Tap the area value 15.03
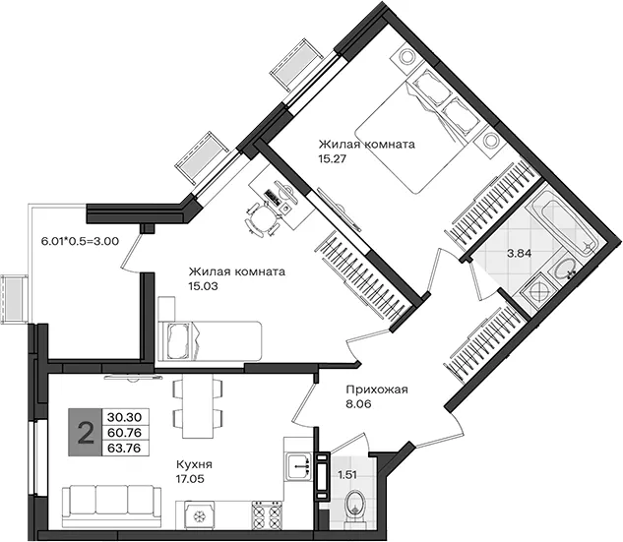tap(204, 286)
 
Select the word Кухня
tap(194, 464)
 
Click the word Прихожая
tap(377, 390)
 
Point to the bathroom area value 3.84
tap(520, 253)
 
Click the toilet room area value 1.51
tap(347, 474)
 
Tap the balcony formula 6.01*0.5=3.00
tap(81, 241)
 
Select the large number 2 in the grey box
tap(86, 433)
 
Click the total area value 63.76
tap(124, 449)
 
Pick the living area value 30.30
tap(124, 417)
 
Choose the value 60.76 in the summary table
tap(124, 433)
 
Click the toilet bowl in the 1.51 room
tap(354, 509)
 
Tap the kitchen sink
tap(299, 466)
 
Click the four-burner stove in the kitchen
tap(267, 514)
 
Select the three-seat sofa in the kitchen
tap(112, 506)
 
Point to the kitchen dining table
tap(198, 406)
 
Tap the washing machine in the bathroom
tap(537, 293)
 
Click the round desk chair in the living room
tap(262, 219)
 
